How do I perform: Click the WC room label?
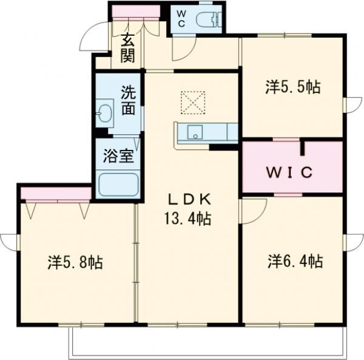pos(181,18)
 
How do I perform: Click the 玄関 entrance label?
pos(127,48)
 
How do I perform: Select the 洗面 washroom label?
pos(127,101)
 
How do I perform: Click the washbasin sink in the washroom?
pos(104,114)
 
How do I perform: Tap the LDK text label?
pos(189,200)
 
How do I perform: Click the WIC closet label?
pos(291,172)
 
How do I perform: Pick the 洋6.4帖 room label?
pos(294,262)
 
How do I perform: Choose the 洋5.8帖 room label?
pos(75,262)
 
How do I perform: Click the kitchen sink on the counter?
pos(195,132)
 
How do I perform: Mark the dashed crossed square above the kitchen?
pos(194,103)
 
